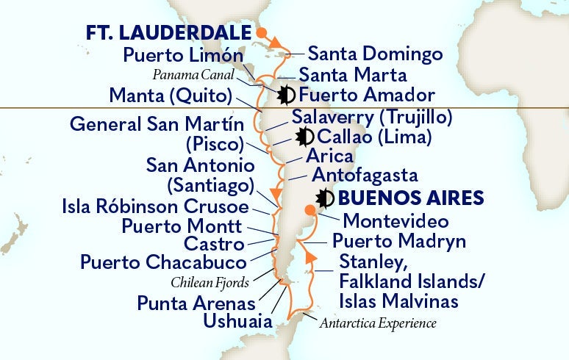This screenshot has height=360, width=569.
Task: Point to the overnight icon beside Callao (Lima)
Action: [x=304, y=137]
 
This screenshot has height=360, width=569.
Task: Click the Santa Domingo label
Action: [x=375, y=54]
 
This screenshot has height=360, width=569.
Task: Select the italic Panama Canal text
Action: [x=193, y=74]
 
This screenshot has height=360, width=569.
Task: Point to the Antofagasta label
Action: [x=365, y=176]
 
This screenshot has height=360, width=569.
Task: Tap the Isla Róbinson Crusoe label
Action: [x=154, y=206]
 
